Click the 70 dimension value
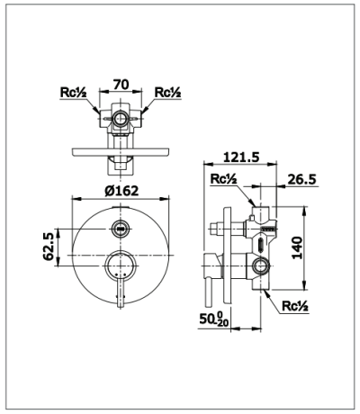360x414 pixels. (x=121, y=85)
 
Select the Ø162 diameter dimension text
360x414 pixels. (x=121, y=191)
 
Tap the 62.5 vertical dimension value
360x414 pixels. (x=49, y=247)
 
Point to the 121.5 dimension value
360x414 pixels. (x=241, y=157)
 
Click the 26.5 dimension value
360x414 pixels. (x=301, y=179)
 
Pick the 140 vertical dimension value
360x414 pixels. (x=298, y=247)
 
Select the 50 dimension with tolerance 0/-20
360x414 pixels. (x=214, y=319)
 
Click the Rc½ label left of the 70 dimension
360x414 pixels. (x=73, y=92)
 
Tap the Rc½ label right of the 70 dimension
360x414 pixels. (x=167, y=92)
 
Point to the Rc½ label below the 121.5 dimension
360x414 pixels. (x=223, y=179)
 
